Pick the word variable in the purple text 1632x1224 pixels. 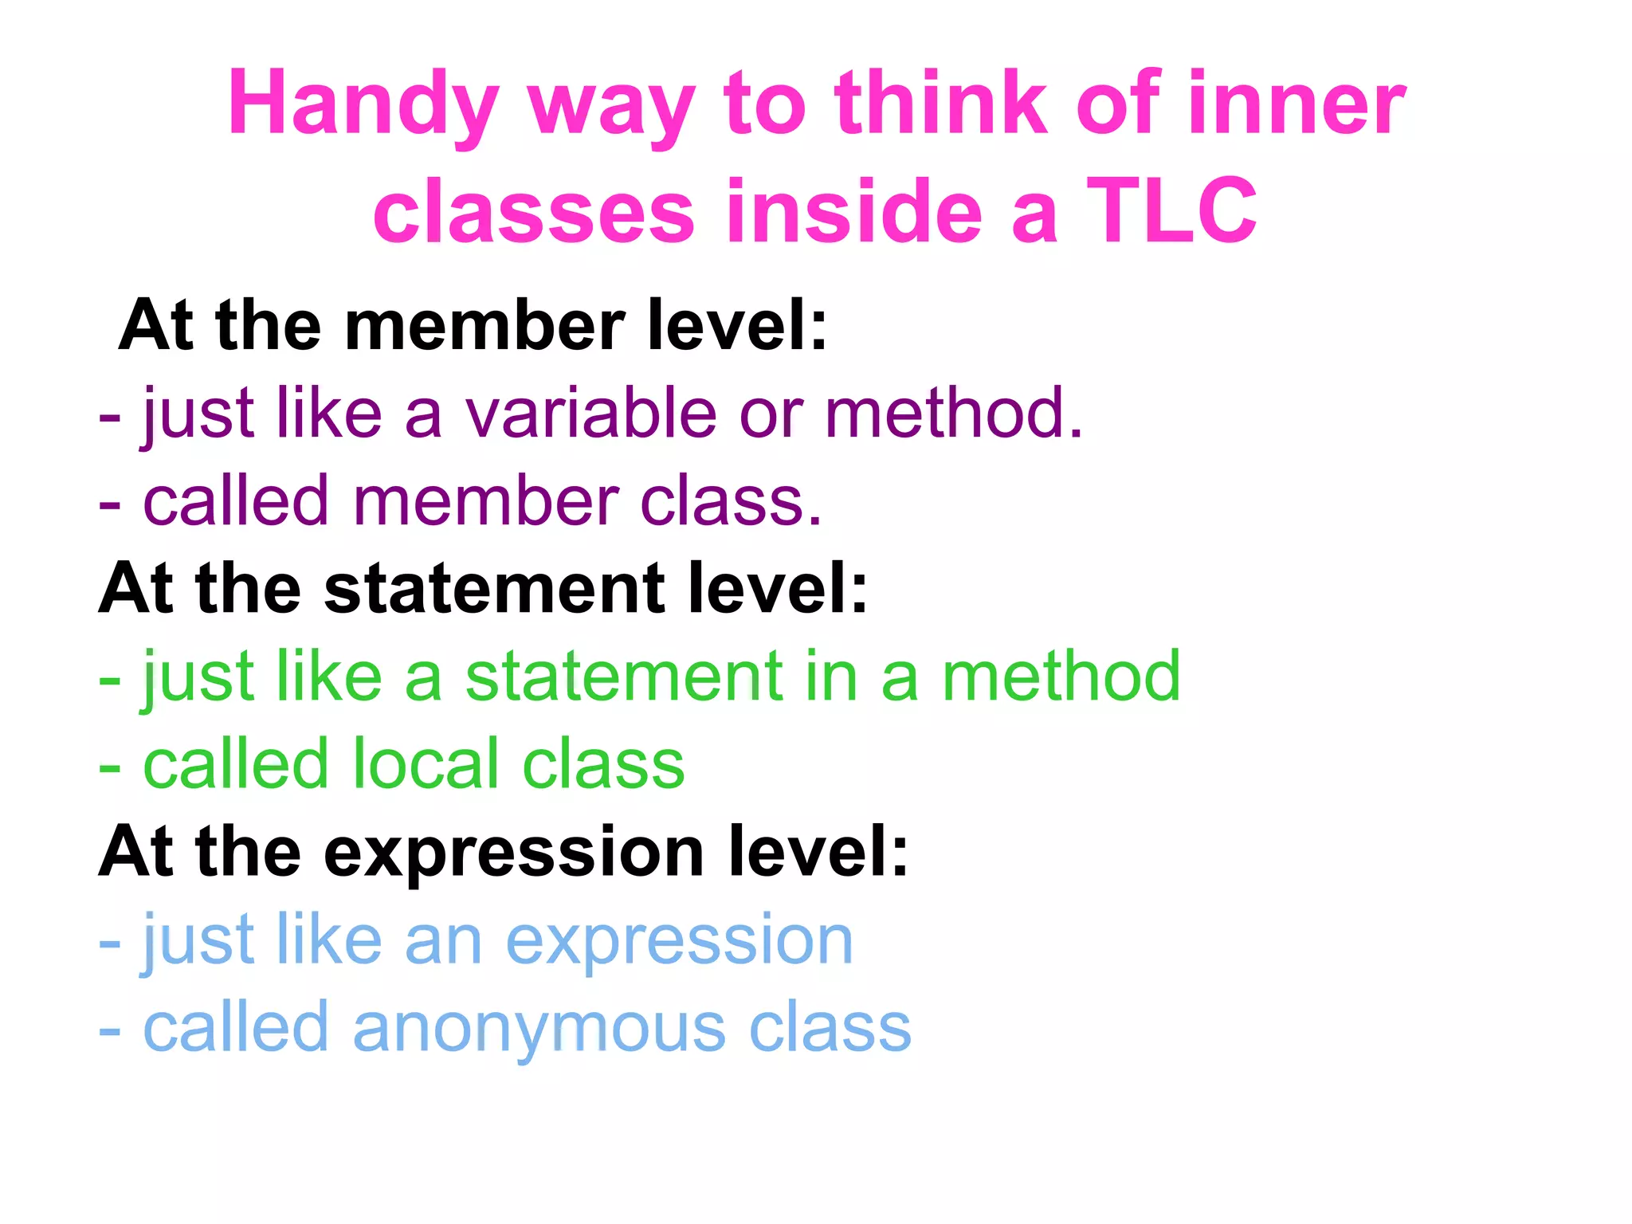pyautogui.click(x=591, y=413)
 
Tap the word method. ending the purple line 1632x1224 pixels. pyautogui.click(x=954, y=413)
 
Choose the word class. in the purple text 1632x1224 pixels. pyautogui.click(x=731, y=501)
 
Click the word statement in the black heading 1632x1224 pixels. pyautogui.click(x=494, y=589)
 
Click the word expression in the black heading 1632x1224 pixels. pyautogui.click(x=514, y=852)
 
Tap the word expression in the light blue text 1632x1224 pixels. pyautogui.click(x=679, y=941)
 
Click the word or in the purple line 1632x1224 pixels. pyautogui.click(x=771, y=414)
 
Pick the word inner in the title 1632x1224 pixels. pyautogui.click(x=1296, y=104)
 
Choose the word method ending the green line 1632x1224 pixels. pyautogui.click(x=1061, y=677)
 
